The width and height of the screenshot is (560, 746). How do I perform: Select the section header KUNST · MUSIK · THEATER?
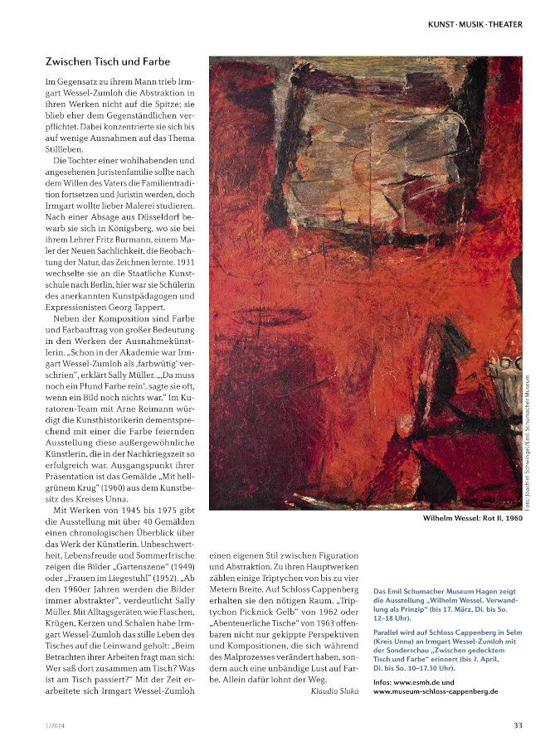(475, 24)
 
